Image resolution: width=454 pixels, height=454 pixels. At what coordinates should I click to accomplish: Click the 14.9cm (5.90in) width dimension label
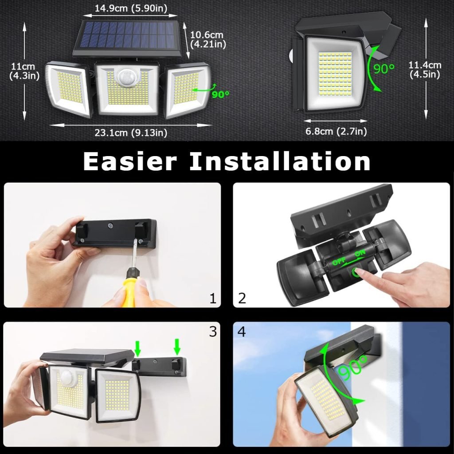point(132,7)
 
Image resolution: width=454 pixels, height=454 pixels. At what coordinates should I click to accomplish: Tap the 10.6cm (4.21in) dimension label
point(208,39)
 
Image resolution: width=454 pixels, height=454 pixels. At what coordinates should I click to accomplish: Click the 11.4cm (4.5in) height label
point(424,70)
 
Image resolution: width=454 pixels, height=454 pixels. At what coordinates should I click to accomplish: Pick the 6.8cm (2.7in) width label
point(336,131)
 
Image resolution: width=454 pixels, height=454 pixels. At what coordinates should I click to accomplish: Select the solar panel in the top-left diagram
point(129,35)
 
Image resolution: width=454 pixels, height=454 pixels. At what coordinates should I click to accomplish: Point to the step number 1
point(213,298)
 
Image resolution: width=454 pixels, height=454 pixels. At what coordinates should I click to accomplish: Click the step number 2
point(242,298)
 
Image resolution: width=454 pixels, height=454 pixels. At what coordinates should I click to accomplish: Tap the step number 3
point(213,332)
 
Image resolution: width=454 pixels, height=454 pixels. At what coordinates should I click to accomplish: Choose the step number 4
point(242,332)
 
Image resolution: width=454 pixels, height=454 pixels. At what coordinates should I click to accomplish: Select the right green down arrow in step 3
point(177,346)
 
